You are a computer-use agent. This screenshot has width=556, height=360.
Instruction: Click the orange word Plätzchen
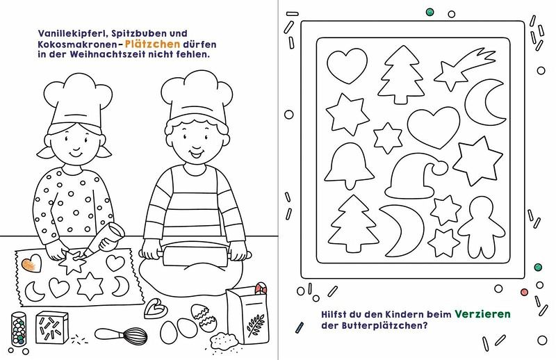pyautogui.click(x=153, y=44)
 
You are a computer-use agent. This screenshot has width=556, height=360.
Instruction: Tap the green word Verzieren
pyautogui.click(x=482, y=314)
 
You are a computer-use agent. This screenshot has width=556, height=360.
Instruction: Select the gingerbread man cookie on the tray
pyautogui.click(x=481, y=228)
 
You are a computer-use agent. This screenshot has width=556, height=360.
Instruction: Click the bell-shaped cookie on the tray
pyautogui.click(x=350, y=165)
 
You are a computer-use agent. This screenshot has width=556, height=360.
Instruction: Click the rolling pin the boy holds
pyautogui.click(x=195, y=254)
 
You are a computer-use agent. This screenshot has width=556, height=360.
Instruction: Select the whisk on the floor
pyautogui.click(x=121, y=335)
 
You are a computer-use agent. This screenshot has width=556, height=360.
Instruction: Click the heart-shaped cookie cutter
pyautogui.click(x=155, y=309)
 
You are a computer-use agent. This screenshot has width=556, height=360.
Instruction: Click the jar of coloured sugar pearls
pyautogui.click(x=19, y=329)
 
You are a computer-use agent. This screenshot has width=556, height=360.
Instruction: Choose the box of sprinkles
pyautogui.click(x=51, y=327)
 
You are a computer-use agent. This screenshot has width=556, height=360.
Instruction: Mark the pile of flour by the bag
pyautogui.click(x=224, y=341)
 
